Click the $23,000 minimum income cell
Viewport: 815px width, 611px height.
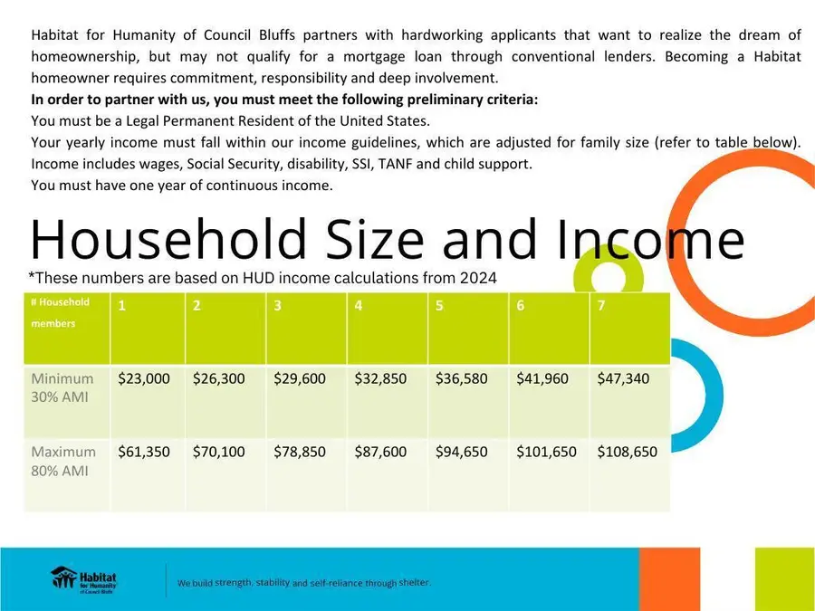[144, 379]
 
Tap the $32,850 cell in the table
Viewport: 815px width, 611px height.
[380, 379]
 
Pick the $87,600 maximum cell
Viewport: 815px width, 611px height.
[380, 452]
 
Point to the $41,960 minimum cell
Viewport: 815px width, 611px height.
[542, 379]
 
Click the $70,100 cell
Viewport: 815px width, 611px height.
[218, 452]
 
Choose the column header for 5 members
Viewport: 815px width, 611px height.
[439, 306]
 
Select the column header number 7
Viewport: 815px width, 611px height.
[601, 306]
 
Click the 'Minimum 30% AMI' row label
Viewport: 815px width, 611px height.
[62, 387]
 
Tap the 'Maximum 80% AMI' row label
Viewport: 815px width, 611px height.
[63, 460]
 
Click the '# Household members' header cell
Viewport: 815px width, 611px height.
[61, 312]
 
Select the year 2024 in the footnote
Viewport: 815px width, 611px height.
[479, 278]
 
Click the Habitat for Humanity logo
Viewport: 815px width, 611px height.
[84, 579]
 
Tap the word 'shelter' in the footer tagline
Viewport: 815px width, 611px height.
[414, 582]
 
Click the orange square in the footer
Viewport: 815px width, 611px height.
[669, 578]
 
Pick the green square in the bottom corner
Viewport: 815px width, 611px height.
[784, 578]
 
